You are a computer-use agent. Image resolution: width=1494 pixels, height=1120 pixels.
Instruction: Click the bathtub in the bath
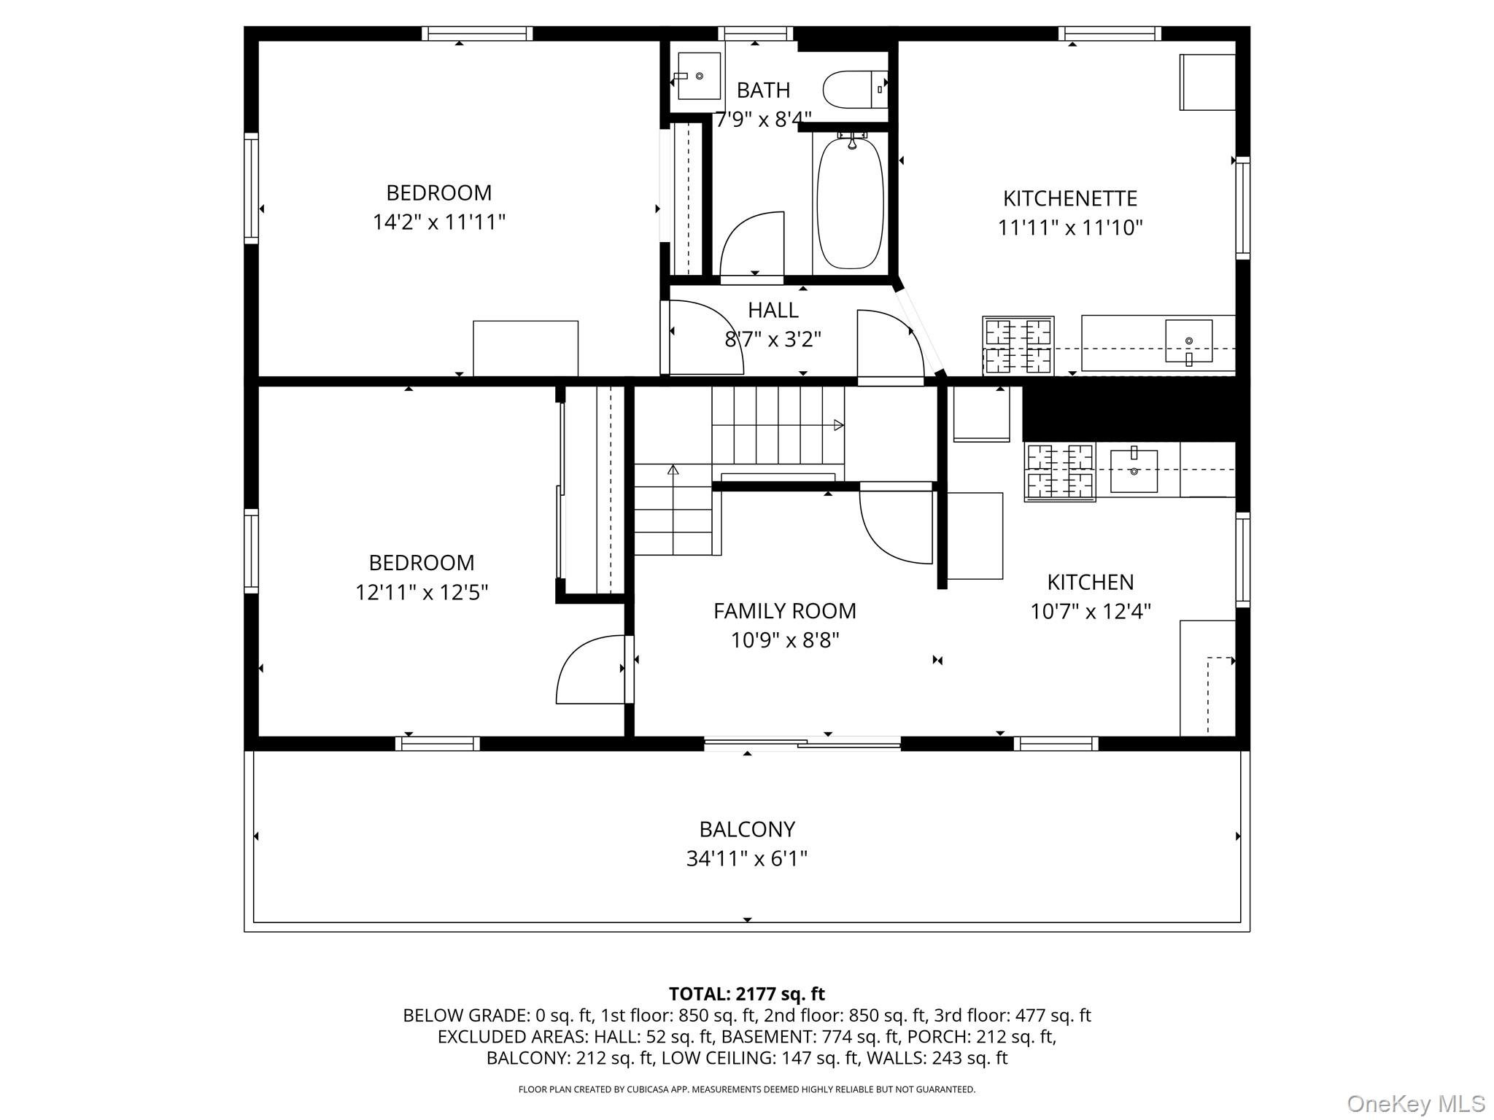pos(850,203)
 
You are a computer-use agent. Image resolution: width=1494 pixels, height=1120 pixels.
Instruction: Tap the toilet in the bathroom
pos(854,89)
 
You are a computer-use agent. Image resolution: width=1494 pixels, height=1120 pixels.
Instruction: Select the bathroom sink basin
pos(699,76)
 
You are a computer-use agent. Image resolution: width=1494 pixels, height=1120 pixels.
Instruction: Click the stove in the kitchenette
pos(1018,346)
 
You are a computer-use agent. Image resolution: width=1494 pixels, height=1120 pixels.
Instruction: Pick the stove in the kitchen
pos(1059,472)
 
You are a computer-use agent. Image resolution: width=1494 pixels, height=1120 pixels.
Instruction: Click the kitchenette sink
pos(1188,341)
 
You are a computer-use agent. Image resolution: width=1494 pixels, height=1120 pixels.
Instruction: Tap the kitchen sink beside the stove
pos(1134,471)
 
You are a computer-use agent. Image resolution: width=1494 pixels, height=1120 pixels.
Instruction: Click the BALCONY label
pos(746,829)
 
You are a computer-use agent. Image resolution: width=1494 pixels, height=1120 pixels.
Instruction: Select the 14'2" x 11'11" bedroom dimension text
pos(438,222)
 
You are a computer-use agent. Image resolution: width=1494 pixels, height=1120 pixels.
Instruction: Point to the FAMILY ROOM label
pos(784,610)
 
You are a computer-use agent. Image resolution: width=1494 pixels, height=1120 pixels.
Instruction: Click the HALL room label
pos(773,310)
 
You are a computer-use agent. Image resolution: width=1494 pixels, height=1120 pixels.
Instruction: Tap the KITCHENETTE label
pos(1069,198)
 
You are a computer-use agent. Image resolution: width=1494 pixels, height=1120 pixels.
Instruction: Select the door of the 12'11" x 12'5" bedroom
pos(589,669)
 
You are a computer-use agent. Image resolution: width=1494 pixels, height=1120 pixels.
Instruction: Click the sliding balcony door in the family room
pos(802,743)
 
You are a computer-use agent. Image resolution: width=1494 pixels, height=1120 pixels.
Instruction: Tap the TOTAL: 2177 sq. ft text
pos(746,994)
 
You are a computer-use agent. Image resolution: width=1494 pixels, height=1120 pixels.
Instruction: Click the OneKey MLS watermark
pos(1415,1103)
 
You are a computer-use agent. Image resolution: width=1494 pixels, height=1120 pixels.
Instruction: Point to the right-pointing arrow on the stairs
pos(839,425)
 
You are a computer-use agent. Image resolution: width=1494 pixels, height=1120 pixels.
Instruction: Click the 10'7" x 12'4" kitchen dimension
pos(1090,611)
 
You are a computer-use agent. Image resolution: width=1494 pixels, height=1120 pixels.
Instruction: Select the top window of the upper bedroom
pos(477,34)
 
